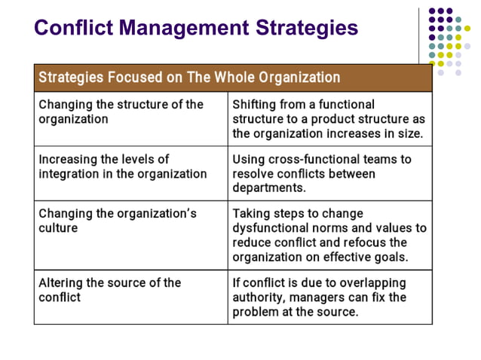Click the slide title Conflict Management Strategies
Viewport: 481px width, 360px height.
[x=196, y=29]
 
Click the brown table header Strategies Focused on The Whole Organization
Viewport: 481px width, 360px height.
[x=188, y=78]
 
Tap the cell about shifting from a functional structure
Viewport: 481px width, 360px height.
[x=329, y=119]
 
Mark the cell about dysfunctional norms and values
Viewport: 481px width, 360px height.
[x=329, y=235]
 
